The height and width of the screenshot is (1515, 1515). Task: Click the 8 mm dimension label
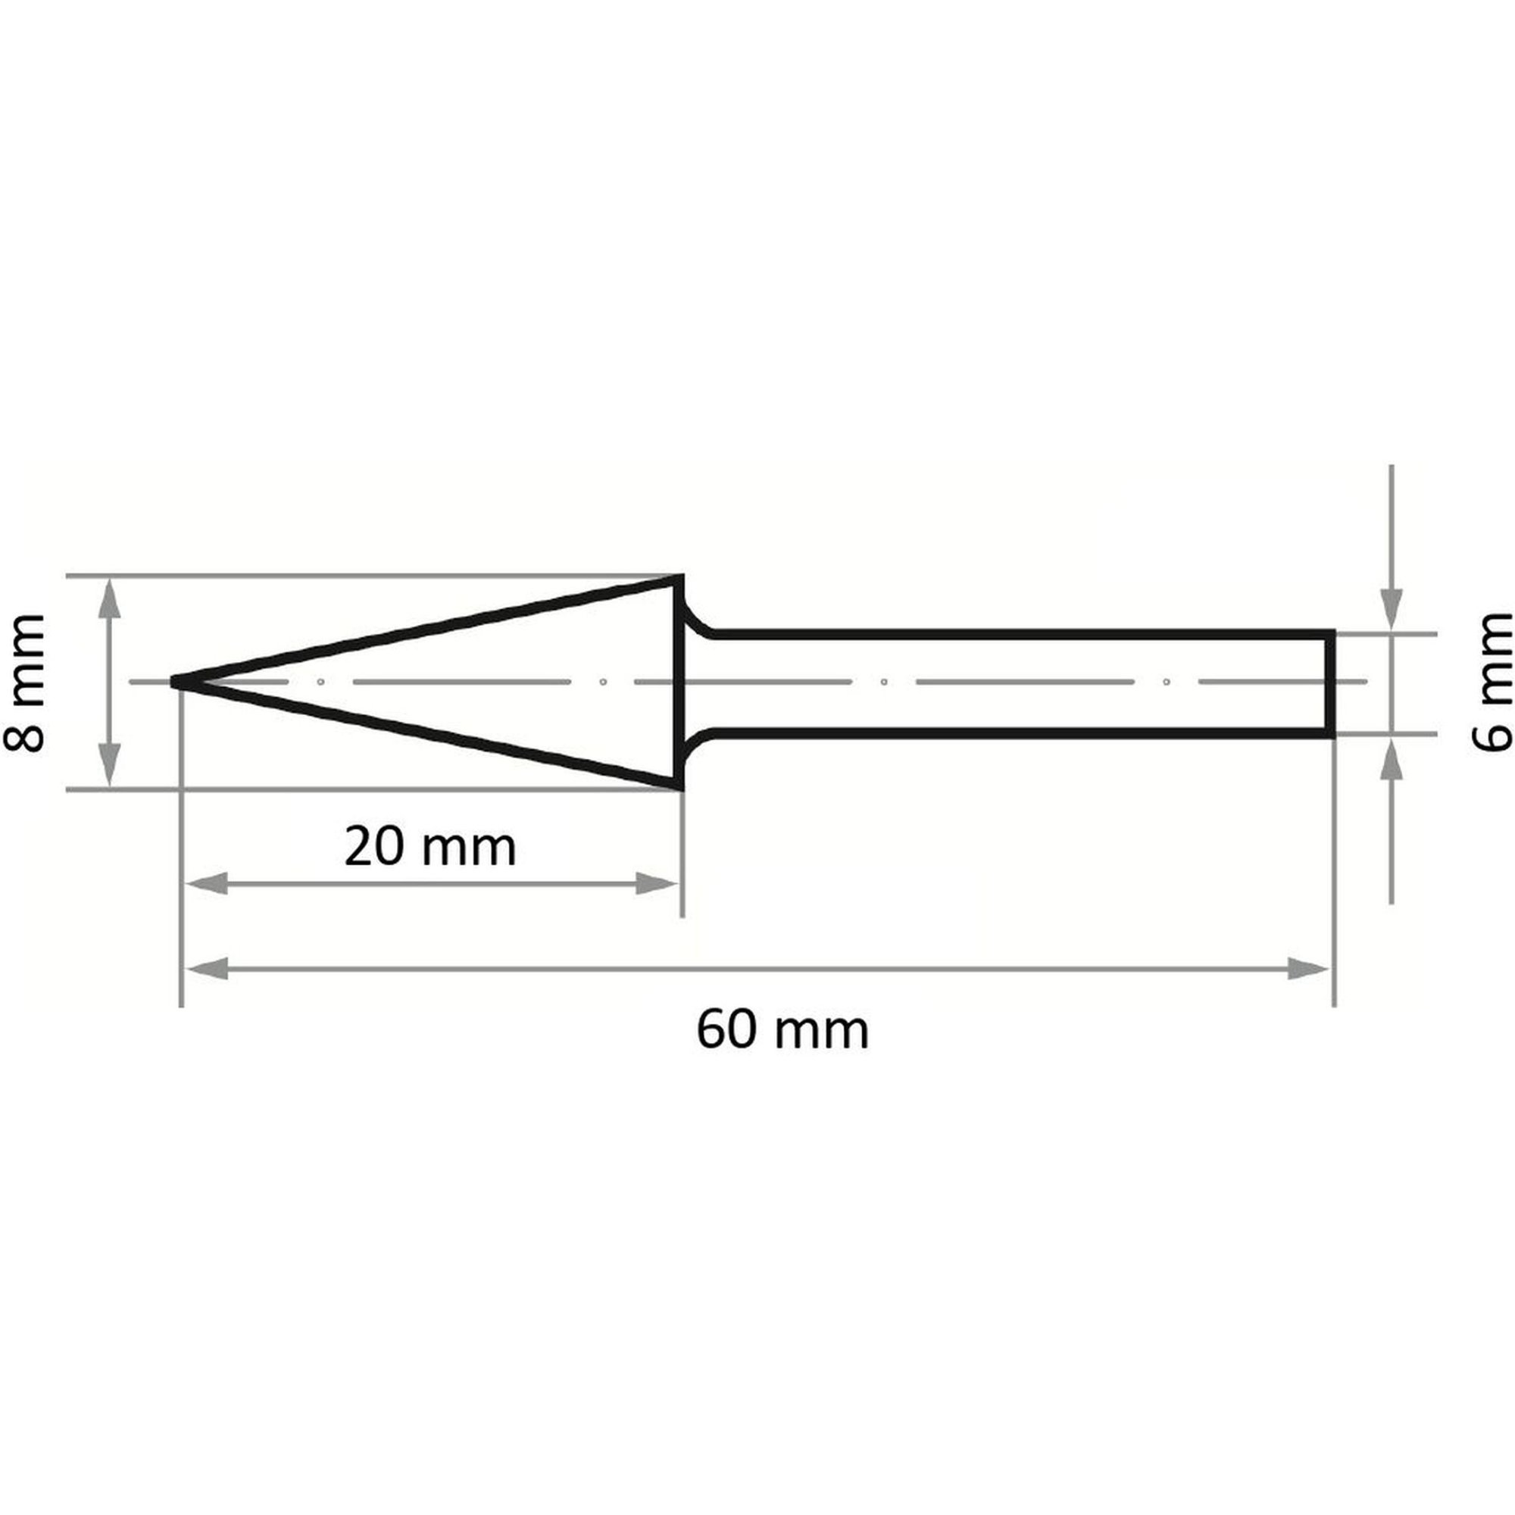point(23,683)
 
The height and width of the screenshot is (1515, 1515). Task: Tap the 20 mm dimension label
point(430,848)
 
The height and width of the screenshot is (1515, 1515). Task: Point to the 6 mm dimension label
point(1492,683)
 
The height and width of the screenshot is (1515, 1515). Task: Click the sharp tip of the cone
point(174,683)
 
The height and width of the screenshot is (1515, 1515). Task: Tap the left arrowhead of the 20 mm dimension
point(205,884)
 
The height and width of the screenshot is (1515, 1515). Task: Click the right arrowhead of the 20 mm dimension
point(656,884)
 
